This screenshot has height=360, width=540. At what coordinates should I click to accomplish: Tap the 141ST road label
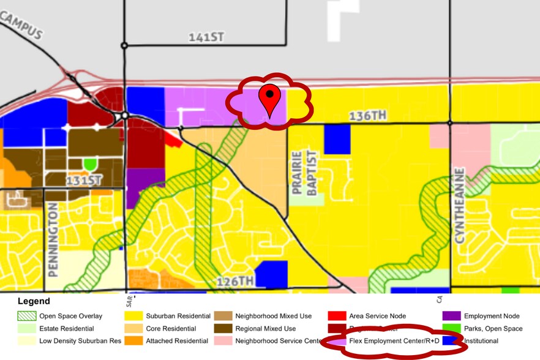206,37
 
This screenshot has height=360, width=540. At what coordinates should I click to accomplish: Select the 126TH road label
235,281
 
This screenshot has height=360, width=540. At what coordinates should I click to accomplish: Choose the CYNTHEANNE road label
460,203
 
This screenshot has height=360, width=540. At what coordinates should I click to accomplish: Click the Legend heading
34,301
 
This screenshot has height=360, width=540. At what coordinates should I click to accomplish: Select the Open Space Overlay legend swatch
26,316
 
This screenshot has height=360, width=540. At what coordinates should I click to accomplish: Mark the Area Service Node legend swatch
336,316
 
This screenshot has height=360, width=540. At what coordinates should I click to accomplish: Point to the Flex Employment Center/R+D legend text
394,340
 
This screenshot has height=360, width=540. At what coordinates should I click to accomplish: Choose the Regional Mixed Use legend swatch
222,328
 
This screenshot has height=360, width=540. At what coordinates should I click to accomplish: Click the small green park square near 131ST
90,164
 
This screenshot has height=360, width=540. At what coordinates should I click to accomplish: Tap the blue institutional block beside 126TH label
271,274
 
